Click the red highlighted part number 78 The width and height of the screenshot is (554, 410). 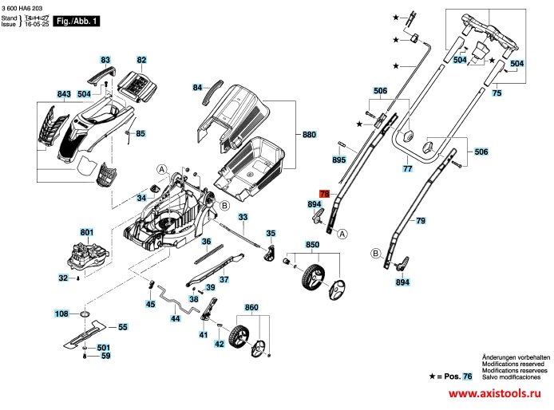[x=323, y=194]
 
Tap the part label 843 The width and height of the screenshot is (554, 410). [x=65, y=94]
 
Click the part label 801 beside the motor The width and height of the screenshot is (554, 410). [x=87, y=233]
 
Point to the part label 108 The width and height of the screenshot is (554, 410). [x=61, y=314]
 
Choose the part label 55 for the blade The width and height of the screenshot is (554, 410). [x=123, y=327]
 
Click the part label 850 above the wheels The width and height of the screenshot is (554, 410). [x=313, y=243]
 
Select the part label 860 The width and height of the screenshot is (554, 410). [x=251, y=307]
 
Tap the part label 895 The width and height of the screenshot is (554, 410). [x=338, y=161]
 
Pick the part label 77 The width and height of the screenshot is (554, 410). [x=407, y=169]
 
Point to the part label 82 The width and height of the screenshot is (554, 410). [x=141, y=60]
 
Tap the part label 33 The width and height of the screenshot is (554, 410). [x=243, y=217]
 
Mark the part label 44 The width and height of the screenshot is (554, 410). [x=176, y=318]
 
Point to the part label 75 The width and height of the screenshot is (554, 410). [x=497, y=94]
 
